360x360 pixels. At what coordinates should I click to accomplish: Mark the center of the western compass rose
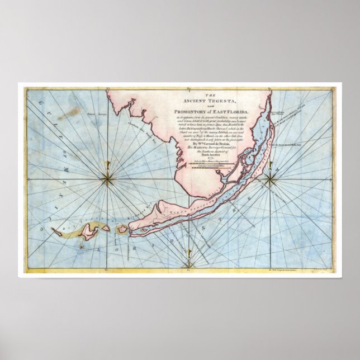pyautogui.click(x=107, y=179)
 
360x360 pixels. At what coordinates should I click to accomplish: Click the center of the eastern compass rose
pyautogui.click(x=270, y=179)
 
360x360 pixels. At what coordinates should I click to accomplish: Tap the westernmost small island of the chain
pyautogui.click(x=56, y=230)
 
